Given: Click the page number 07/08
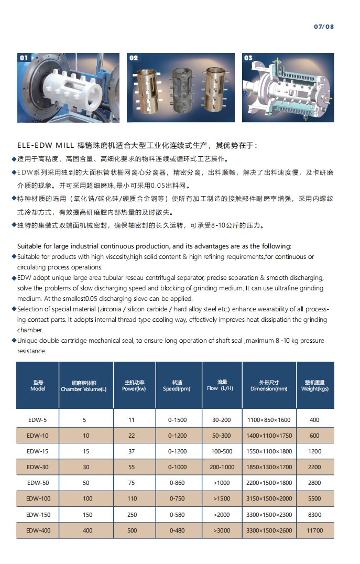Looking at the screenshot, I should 323,27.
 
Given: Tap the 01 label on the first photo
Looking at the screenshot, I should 25,58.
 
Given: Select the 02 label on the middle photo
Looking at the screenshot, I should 134,58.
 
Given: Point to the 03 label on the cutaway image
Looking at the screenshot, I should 248,58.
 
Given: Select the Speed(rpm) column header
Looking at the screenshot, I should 177,386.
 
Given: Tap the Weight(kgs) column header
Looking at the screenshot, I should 314,386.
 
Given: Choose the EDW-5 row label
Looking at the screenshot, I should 38,420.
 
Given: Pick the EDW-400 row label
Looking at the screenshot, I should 38,530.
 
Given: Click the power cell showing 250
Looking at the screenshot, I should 131,515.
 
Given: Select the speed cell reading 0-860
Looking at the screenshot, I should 177,483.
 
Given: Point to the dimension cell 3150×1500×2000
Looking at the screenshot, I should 269,498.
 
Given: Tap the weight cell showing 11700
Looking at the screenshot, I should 314,530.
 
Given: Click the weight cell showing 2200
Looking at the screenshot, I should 314,467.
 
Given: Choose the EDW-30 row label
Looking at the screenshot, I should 38,467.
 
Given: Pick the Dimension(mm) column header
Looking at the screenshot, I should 269,386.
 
